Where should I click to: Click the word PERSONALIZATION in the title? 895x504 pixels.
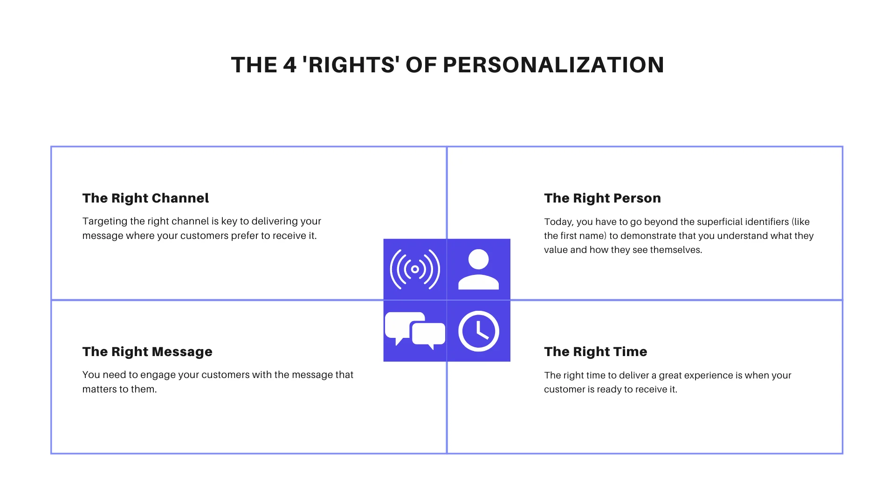point(553,65)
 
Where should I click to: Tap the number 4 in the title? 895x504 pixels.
point(289,65)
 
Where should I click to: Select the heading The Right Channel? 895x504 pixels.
point(145,198)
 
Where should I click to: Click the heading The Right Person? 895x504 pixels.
point(602,198)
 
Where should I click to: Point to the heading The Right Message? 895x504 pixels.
point(147,351)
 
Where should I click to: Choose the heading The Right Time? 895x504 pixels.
point(595,351)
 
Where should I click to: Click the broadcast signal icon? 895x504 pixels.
point(415,269)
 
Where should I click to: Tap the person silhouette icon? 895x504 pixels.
point(478,269)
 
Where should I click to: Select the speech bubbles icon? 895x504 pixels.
point(415,330)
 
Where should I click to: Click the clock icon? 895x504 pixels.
point(478,330)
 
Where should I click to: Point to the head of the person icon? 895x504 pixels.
point(478,259)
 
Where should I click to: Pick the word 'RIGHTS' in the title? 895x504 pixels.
point(351,65)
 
